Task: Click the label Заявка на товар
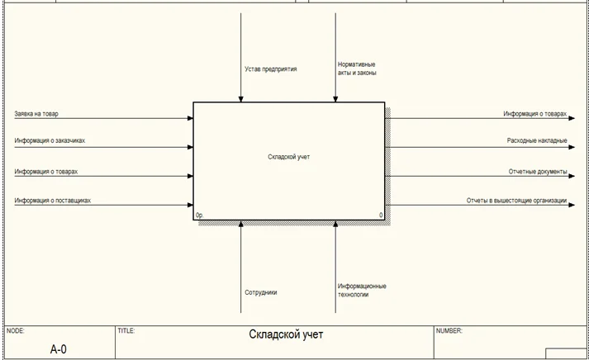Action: click(36, 114)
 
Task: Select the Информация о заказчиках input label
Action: click(50, 140)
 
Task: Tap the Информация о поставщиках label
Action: click(53, 201)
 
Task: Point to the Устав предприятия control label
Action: click(271, 69)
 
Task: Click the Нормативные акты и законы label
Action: click(357, 69)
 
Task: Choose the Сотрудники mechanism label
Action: click(261, 292)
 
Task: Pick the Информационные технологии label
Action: click(362, 290)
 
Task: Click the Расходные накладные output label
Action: click(537, 140)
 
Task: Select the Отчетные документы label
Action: click(538, 172)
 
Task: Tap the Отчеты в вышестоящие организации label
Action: click(516, 201)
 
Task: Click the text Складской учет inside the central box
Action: click(289, 157)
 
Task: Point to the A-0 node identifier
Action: click(58, 349)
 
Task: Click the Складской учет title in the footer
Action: click(286, 334)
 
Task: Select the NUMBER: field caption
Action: click(449, 331)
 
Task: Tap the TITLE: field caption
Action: click(126, 331)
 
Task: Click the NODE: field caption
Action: click(15, 331)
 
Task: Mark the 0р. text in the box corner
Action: click(199, 216)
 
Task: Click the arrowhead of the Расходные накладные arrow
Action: click(572, 147)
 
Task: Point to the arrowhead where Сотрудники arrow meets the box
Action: click(240, 224)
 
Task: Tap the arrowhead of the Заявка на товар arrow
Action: click(190, 118)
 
